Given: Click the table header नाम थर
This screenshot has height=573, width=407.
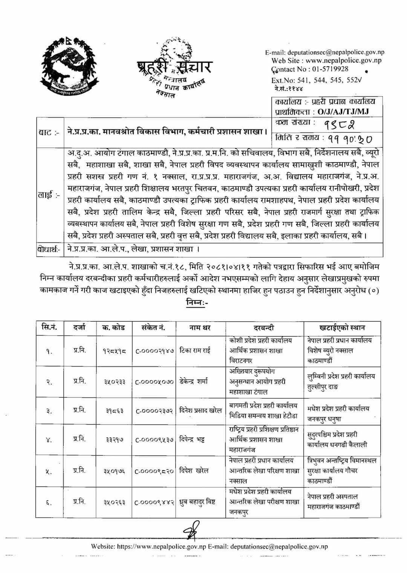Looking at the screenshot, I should (x=200, y=328).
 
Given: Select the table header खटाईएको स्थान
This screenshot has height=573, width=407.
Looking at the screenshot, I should (x=342, y=328).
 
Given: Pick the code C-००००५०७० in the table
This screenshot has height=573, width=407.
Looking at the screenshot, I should (x=155, y=382).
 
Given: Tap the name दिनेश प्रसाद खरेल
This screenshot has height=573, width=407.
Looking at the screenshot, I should (x=200, y=411).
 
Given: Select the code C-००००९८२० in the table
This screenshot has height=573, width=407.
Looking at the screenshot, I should (x=155, y=471).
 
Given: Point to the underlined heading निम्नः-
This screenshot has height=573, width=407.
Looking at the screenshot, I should (x=197, y=302).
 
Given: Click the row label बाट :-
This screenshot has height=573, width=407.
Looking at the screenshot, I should (x=49, y=132).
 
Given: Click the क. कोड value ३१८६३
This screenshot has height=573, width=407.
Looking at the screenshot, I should (x=114, y=411).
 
